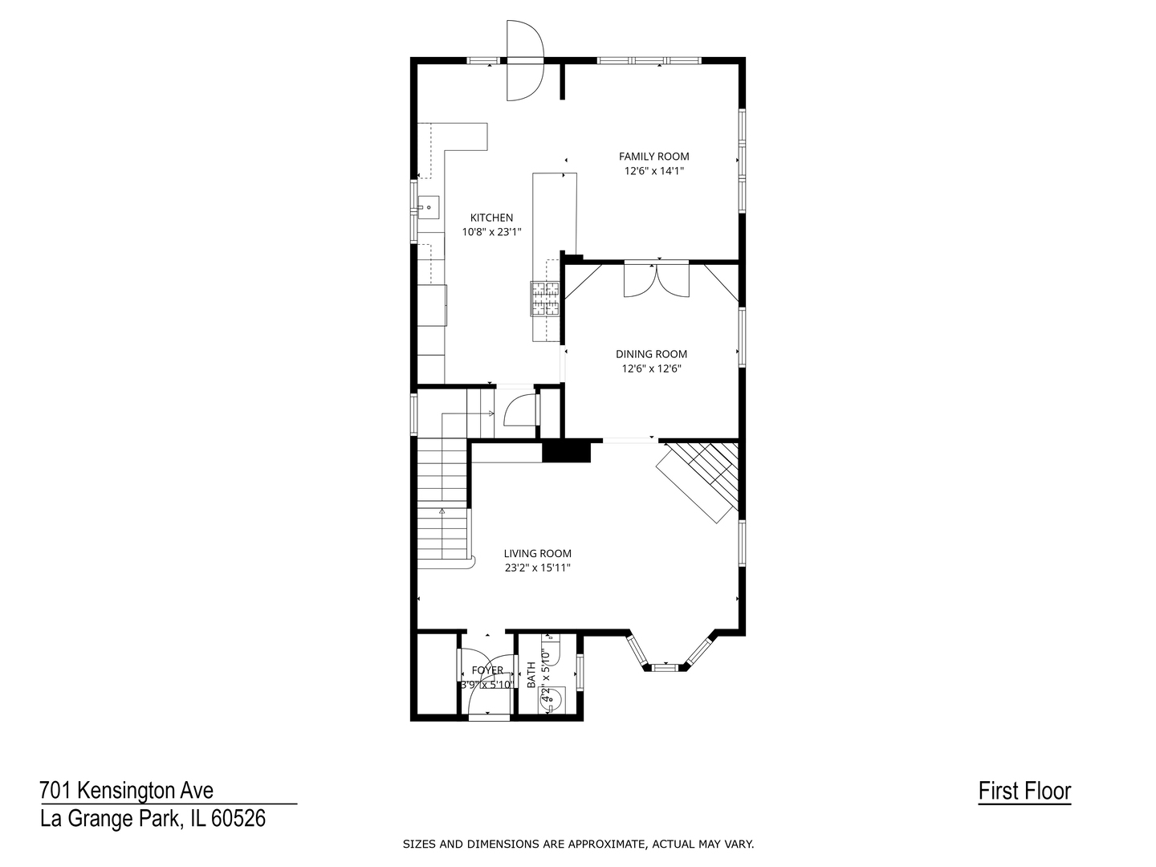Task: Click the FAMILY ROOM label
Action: [x=653, y=157]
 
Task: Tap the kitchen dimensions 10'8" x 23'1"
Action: [x=491, y=232]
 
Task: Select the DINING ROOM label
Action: [x=652, y=354]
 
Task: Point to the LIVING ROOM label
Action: [x=537, y=554]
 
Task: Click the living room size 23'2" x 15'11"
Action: [x=537, y=568]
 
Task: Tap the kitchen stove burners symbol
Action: [x=544, y=299]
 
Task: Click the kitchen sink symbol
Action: [x=428, y=207]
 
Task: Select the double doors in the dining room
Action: [x=656, y=279]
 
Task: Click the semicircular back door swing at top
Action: [x=524, y=60]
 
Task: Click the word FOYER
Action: [x=487, y=670]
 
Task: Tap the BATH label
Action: [x=531, y=675]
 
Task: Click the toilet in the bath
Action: [x=551, y=699]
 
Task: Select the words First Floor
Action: [x=1024, y=791]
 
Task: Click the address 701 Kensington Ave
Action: [x=126, y=790]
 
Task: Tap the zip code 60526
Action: [x=238, y=819]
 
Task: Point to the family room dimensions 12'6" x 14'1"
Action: [x=654, y=171]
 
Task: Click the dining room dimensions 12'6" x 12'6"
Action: [x=652, y=368]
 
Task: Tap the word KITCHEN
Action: [x=491, y=218]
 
